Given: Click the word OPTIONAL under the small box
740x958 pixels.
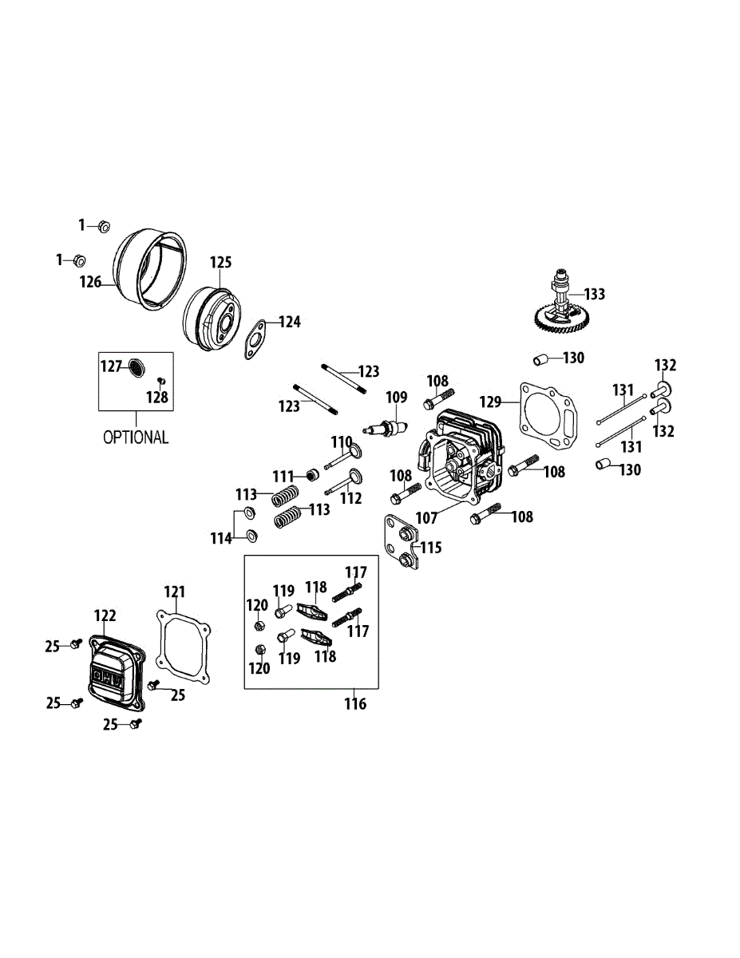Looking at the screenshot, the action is (x=136, y=437).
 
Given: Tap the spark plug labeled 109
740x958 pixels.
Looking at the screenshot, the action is (x=386, y=428).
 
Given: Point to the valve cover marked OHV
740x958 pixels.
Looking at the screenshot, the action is (x=115, y=672).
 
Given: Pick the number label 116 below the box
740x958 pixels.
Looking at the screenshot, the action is (x=355, y=703).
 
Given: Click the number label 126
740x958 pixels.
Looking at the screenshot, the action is (x=90, y=282).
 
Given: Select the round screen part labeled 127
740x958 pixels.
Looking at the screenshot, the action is (x=137, y=367).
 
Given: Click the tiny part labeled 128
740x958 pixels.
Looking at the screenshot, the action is (x=161, y=380).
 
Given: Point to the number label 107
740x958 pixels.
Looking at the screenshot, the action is (x=426, y=517).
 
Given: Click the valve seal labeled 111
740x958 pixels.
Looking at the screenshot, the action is (x=313, y=476).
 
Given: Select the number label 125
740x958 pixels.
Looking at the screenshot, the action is (x=220, y=263).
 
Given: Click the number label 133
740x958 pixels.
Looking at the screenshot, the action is (x=595, y=294).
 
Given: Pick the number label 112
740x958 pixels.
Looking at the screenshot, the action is (x=350, y=498).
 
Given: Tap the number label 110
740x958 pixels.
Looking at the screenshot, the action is (x=342, y=441).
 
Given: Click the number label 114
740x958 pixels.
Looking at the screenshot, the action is (x=221, y=538).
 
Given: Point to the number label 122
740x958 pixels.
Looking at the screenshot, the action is (x=105, y=615).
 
